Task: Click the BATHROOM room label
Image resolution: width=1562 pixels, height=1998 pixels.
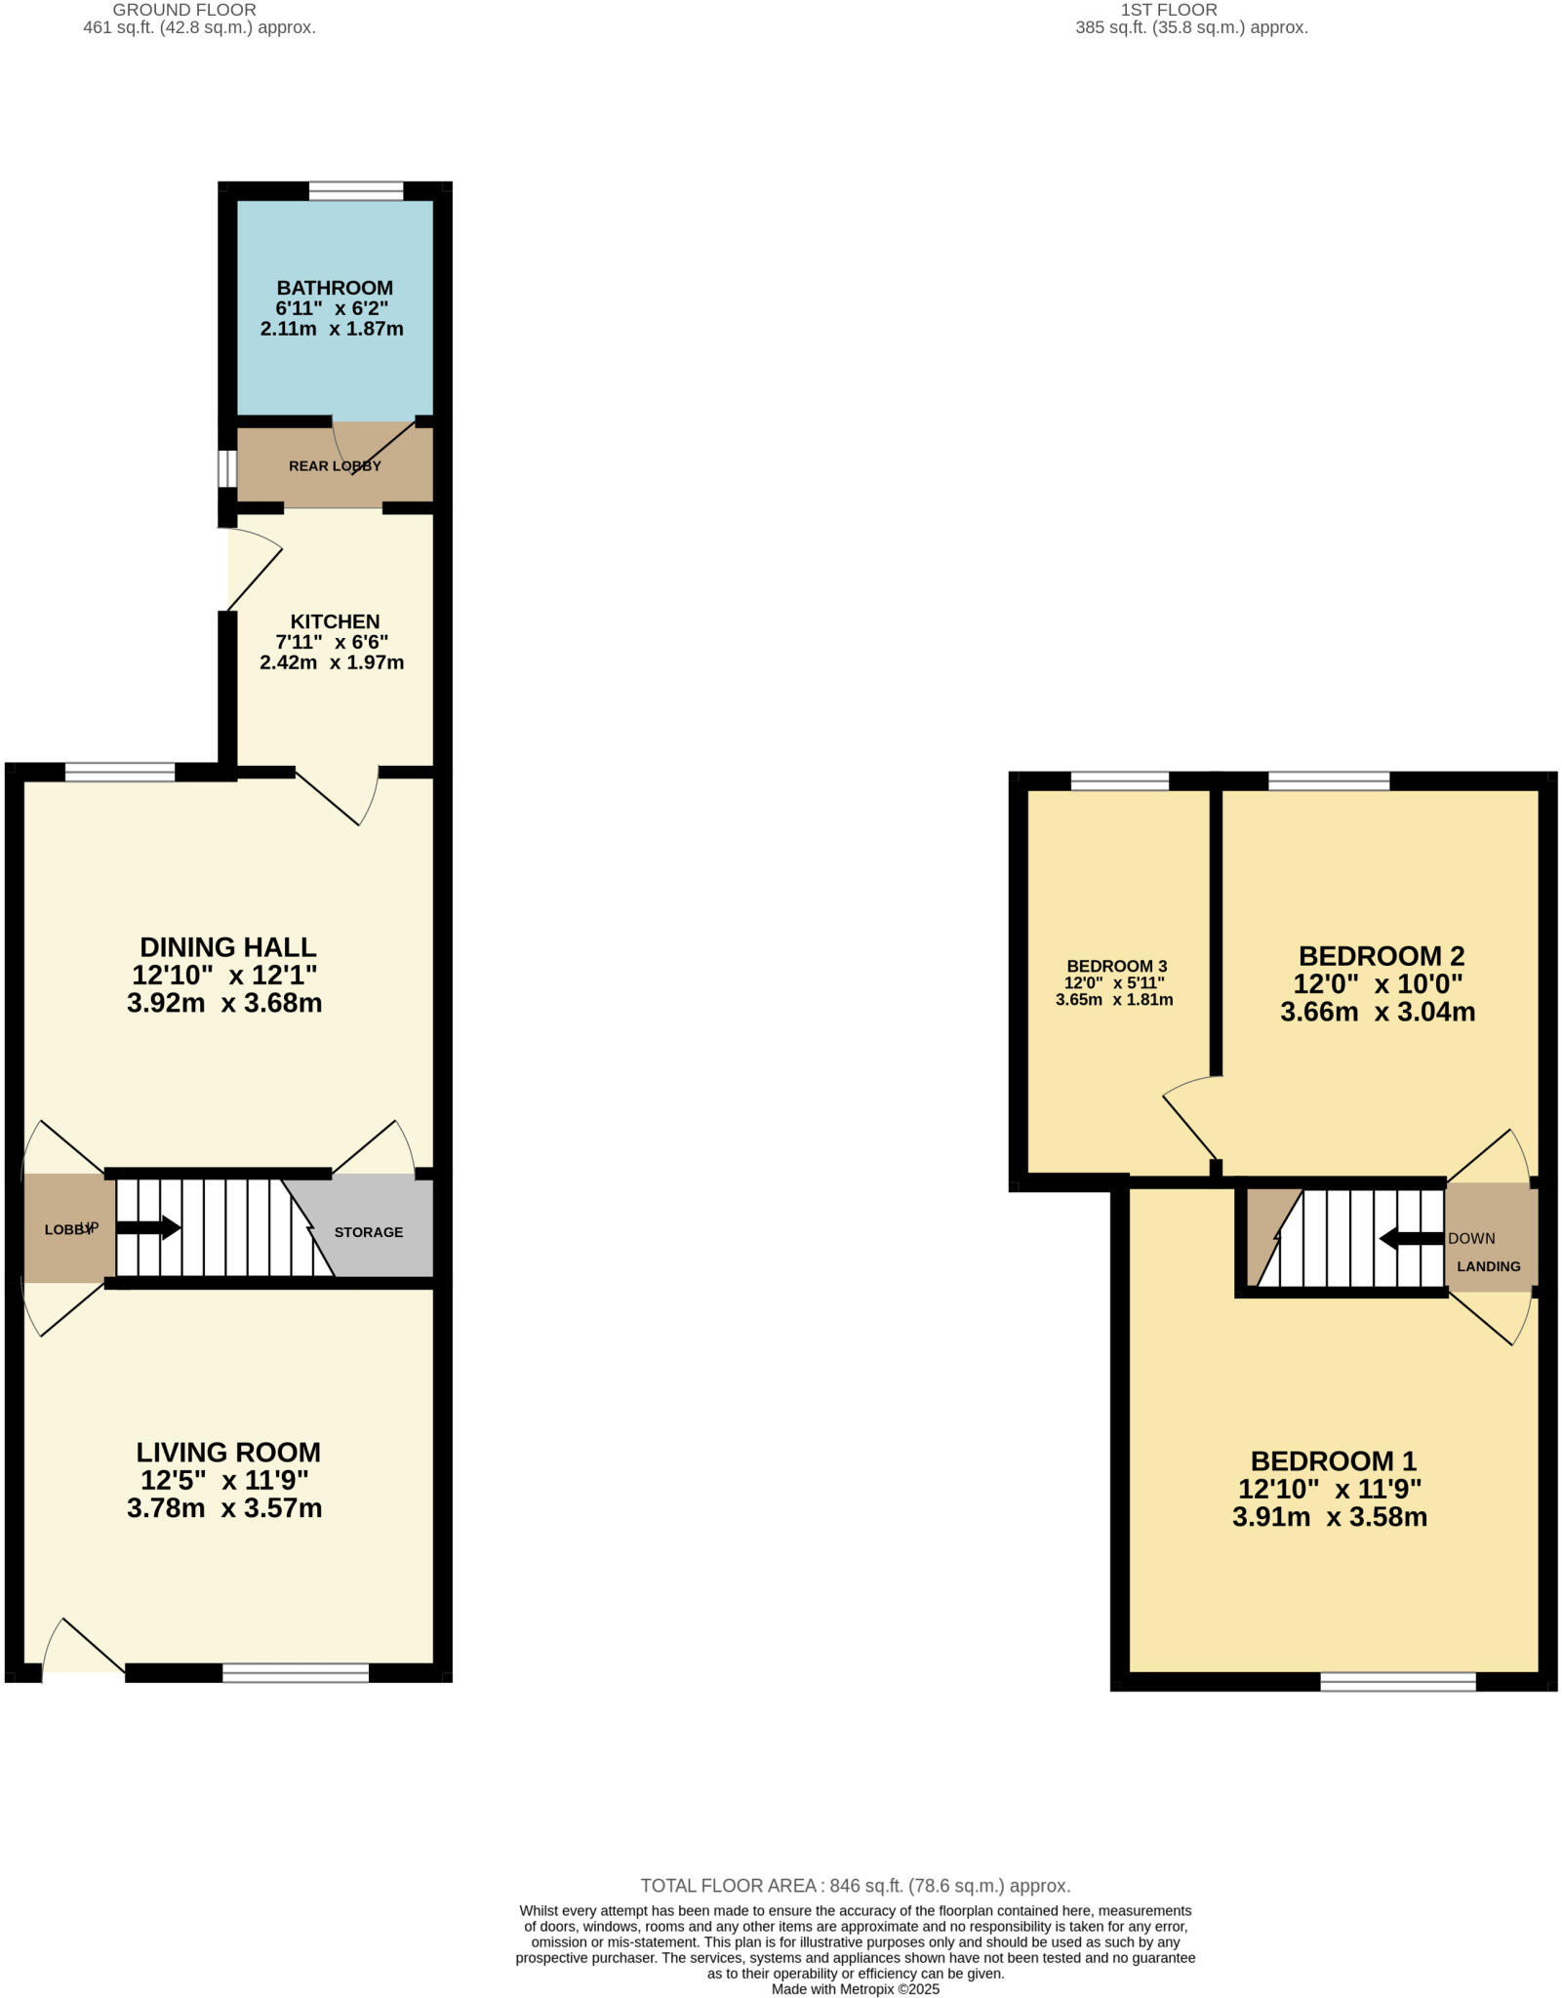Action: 335,288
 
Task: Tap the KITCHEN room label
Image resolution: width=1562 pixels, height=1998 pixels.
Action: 335,621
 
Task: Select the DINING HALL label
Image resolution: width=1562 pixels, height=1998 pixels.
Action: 228,947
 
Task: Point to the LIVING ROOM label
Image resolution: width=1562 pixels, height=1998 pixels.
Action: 228,1453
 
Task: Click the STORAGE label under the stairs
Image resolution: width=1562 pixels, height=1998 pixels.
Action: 369,1232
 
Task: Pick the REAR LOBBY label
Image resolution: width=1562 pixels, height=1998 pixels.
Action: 335,466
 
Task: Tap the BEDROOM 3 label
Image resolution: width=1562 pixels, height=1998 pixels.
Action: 1116,966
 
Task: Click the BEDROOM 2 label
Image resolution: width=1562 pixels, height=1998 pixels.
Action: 1382,956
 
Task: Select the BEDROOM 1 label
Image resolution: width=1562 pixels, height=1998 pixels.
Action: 1333,1461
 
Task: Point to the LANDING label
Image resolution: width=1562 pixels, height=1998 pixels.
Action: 1489,1266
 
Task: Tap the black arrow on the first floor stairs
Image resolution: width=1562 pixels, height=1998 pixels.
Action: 1411,1239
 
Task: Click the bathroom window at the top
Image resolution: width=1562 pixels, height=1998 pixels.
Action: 356,191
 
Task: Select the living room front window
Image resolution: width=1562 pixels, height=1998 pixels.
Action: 296,1673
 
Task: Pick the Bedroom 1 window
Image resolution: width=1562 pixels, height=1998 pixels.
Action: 1398,1681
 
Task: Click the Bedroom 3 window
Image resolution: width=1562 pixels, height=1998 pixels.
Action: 1119,780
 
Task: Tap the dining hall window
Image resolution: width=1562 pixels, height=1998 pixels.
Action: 120,773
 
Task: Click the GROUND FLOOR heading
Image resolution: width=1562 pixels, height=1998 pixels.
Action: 184,10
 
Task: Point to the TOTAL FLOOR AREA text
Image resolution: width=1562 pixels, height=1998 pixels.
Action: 855,1886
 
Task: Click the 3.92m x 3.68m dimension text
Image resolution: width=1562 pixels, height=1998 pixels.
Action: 224,1003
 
